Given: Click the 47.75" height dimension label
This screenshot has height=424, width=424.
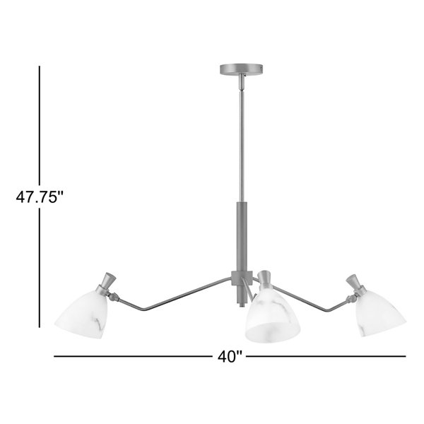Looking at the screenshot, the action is [x=40, y=197].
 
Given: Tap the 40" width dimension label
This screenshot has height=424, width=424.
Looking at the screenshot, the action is [x=230, y=357].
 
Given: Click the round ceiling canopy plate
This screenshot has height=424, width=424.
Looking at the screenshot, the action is [x=241, y=69].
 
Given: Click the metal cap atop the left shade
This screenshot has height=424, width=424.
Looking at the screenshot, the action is [x=106, y=283].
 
